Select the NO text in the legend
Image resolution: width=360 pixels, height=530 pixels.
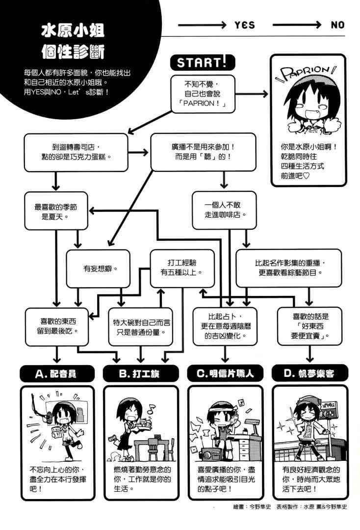[337, 25]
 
